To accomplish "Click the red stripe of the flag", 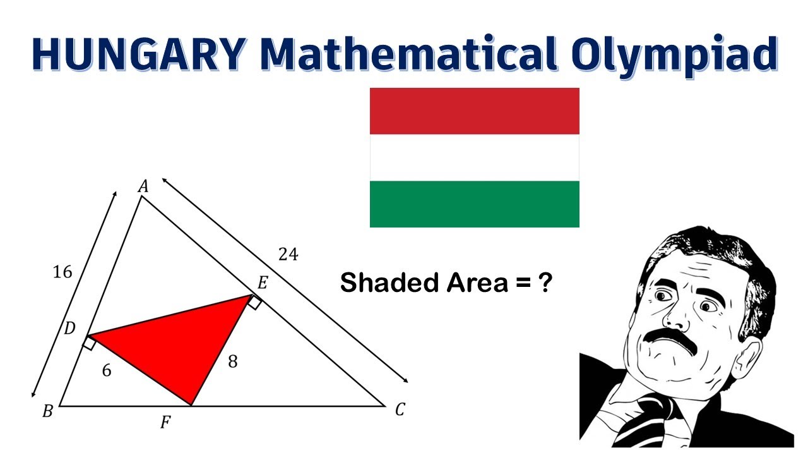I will pyautogui.click(x=474, y=111).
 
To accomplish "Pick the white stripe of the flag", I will pyautogui.click(x=474, y=157).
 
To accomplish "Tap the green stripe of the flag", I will pyautogui.click(x=474, y=203).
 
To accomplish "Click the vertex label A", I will pyautogui.click(x=143, y=186).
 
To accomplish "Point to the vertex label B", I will pyautogui.click(x=47, y=411).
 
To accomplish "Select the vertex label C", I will pyautogui.click(x=400, y=411).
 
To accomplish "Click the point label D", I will pyautogui.click(x=70, y=328).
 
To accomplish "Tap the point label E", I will pyautogui.click(x=263, y=282).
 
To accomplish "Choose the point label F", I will pyautogui.click(x=165, y=422).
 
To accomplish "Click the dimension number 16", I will pyautogui.click(x=62, y=272).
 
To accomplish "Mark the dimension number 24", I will pyautogui.click(x=288, y=254).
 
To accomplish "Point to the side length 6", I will pyautogui.click(x=107, y=371).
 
